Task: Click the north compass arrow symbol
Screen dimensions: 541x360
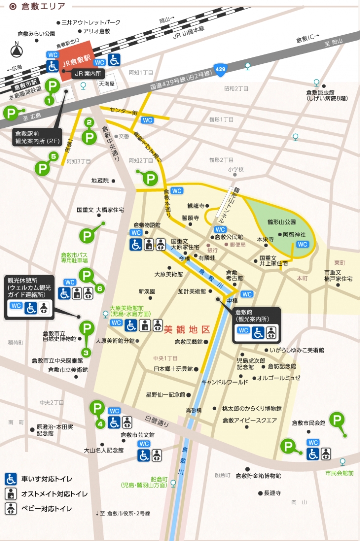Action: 17,51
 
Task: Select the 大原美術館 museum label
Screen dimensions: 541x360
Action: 168,274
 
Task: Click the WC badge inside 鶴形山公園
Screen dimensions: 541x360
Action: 302,244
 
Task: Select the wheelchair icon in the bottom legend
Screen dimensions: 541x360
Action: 11,479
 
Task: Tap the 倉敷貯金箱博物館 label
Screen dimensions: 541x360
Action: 258,475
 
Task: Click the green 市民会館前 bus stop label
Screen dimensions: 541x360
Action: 339,473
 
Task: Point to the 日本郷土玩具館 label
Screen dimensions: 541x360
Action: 173,369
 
